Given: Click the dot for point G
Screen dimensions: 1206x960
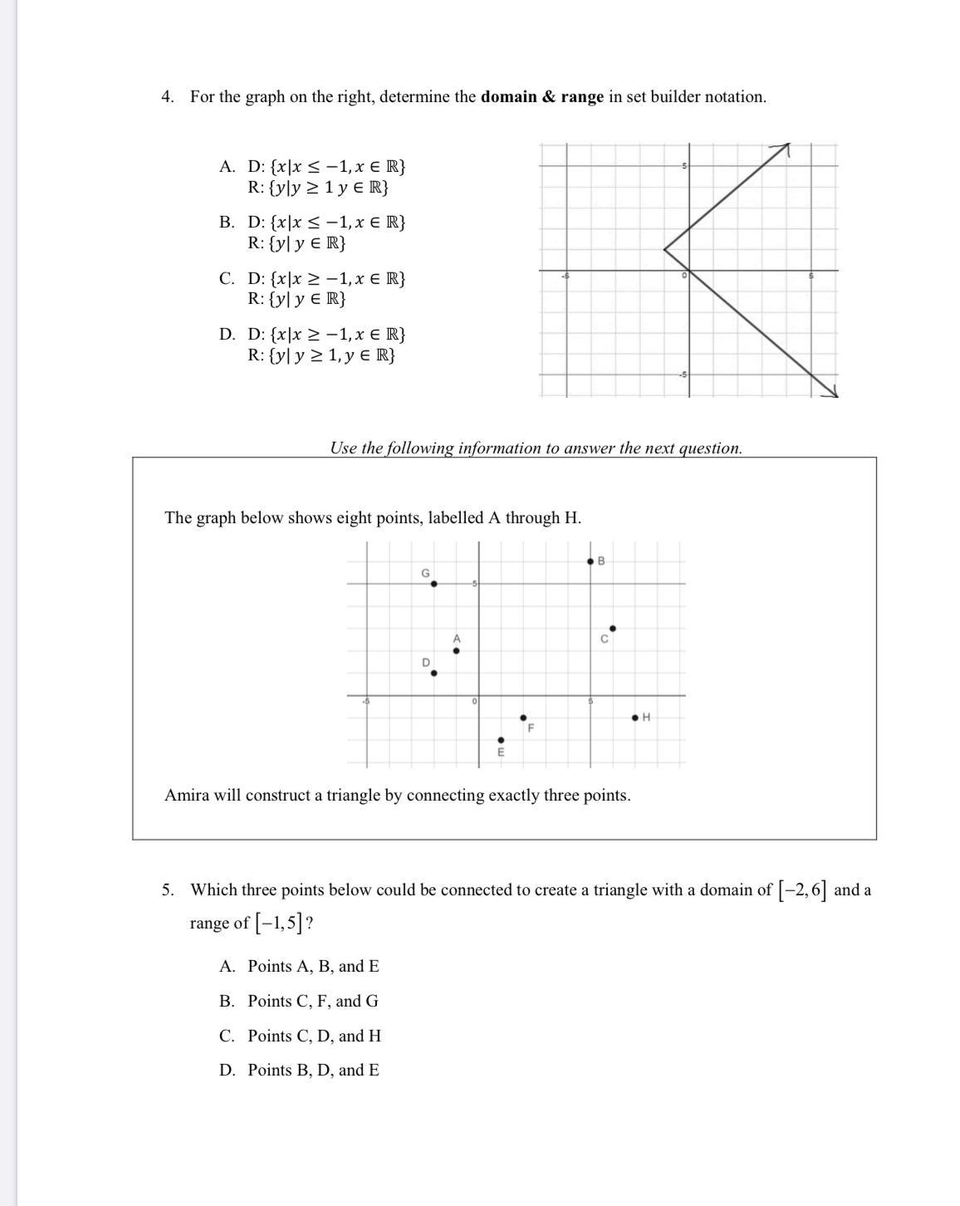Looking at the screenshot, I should point(433,583).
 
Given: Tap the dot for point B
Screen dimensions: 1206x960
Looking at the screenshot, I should point(590,561).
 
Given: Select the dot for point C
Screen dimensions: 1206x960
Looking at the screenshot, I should point(613,629).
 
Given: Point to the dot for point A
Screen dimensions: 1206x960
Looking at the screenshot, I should point(456,651).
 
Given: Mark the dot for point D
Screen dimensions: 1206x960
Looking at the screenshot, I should point(433,674).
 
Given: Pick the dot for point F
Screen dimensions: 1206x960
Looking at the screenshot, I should point(523,718).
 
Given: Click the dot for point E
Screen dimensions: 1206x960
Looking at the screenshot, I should point(501,740).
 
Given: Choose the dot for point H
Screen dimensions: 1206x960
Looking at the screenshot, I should point(635,717).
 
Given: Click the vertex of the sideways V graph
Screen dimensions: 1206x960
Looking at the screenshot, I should point(664,248).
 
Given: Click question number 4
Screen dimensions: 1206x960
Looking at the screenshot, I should point(167,97).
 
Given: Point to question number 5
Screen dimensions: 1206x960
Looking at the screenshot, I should point(167,890).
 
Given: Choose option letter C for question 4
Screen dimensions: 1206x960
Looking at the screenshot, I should point(227,279).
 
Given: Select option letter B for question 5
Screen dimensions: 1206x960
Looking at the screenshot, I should point(227,1002).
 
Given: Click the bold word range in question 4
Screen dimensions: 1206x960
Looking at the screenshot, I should point(581,97).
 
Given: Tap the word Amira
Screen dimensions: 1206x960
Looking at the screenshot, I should point(187,796).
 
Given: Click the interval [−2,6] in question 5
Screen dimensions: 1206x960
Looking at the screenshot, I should point(802,890).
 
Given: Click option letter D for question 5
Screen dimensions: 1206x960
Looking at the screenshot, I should point(227,1071).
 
